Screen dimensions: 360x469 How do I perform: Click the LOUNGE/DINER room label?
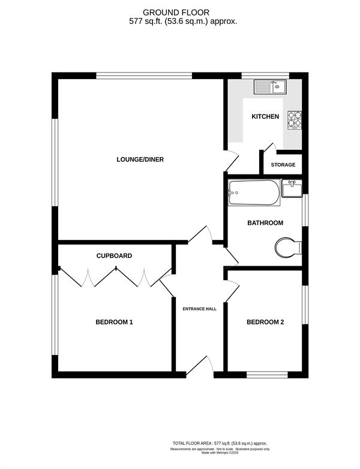click(140, 160)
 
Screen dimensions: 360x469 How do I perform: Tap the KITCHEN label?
click(265, 116)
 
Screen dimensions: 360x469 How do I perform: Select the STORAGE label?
click(283, 165)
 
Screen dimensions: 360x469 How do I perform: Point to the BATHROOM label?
click(265, 223)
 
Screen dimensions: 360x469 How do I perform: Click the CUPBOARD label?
click(114, 255)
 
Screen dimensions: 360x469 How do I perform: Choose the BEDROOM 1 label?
click(114, 322)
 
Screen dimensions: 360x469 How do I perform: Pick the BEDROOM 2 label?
click(265, 322)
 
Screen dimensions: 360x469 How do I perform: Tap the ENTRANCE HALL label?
click(200, 309)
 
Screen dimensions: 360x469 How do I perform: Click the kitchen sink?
click(270, 87)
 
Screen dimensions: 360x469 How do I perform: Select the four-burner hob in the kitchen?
click(295, 120)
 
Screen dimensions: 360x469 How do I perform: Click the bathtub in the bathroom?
click(254, 193)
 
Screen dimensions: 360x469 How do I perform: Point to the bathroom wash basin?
click(292, 188)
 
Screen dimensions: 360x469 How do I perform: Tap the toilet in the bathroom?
click(288, 247)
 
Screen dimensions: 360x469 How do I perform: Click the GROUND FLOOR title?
click(176, 13)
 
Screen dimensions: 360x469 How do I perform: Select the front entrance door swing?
click(200, 365)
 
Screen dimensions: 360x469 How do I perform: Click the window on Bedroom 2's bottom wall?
click(267, 375)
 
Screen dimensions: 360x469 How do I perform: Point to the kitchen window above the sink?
click(265, 76)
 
